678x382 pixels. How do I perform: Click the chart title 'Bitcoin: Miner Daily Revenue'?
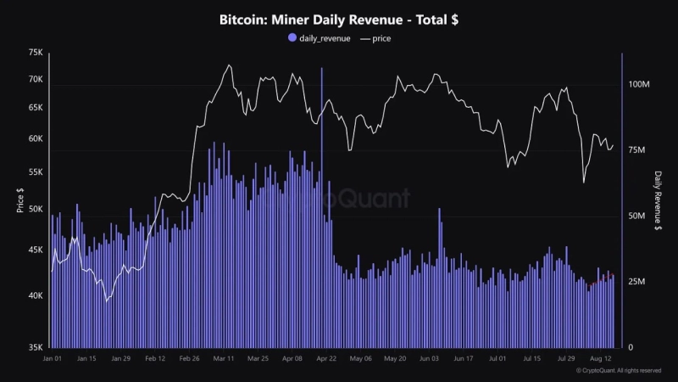click(339, 18)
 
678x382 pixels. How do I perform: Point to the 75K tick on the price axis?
click(35, 53)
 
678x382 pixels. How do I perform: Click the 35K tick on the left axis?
click(35, 347)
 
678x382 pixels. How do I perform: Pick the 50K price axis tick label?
click(35, 209)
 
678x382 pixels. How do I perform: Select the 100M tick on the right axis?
click(637, 86)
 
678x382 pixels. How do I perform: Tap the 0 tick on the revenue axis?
click(629, 347)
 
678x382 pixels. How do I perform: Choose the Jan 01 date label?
click(53, 359)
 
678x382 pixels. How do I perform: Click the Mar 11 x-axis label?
click(224, 359)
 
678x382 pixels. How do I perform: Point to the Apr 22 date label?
click(326, 359)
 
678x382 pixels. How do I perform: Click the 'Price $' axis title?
click(19, 201)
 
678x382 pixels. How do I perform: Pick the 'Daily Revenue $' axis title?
click(659, 200)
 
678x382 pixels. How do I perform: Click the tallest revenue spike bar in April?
click(322, 170)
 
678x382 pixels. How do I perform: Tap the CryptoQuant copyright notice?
click(618, 371)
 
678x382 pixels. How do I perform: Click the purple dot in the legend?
click(292, 38)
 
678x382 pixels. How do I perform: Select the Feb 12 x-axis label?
click(155, 359)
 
